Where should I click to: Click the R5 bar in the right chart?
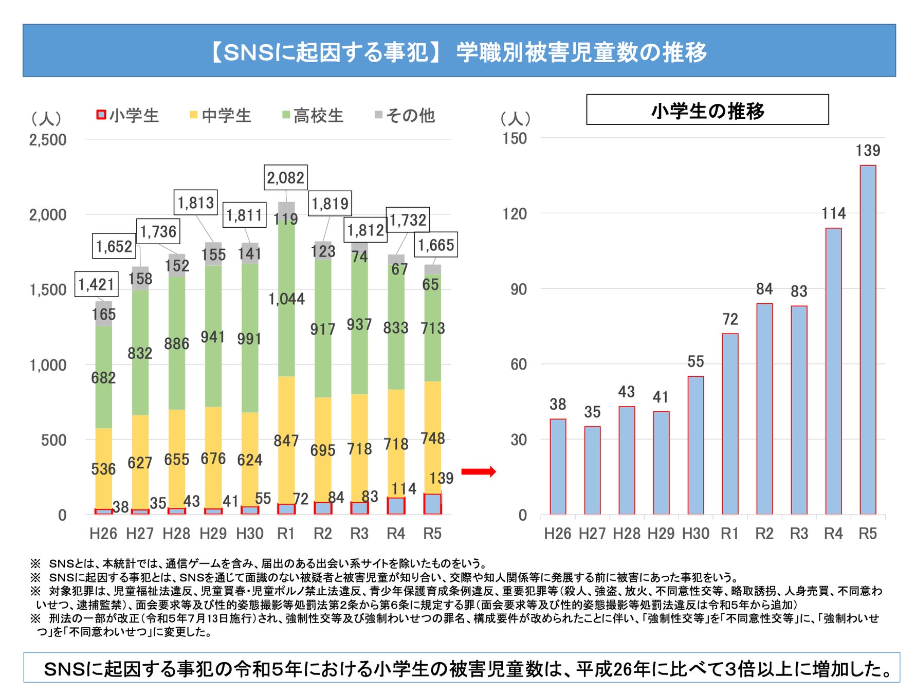[x=868, y=339]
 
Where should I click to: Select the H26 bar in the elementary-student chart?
[x=558, y=466]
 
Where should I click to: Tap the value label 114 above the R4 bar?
[x=833, y=213]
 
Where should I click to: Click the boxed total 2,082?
[x=285, y=178]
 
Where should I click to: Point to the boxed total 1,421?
[x=96, y=284]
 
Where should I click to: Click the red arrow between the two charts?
[x=478, y=471]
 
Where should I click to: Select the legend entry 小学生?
[x=128, y=115]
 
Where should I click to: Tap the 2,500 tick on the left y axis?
[x=48, y=140]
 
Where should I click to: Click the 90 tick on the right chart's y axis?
[x=518, y=289]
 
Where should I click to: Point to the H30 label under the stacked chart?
[x=249, y=534]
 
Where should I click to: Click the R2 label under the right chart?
[x=764, y=534]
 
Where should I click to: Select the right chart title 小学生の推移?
[x=707, y=110]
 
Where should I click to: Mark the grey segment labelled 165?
[x=103, y=314]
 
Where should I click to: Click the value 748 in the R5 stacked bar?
[x=432, y=438]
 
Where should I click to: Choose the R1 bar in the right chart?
[x=730, y=424]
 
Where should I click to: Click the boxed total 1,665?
[x=436, y=245]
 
